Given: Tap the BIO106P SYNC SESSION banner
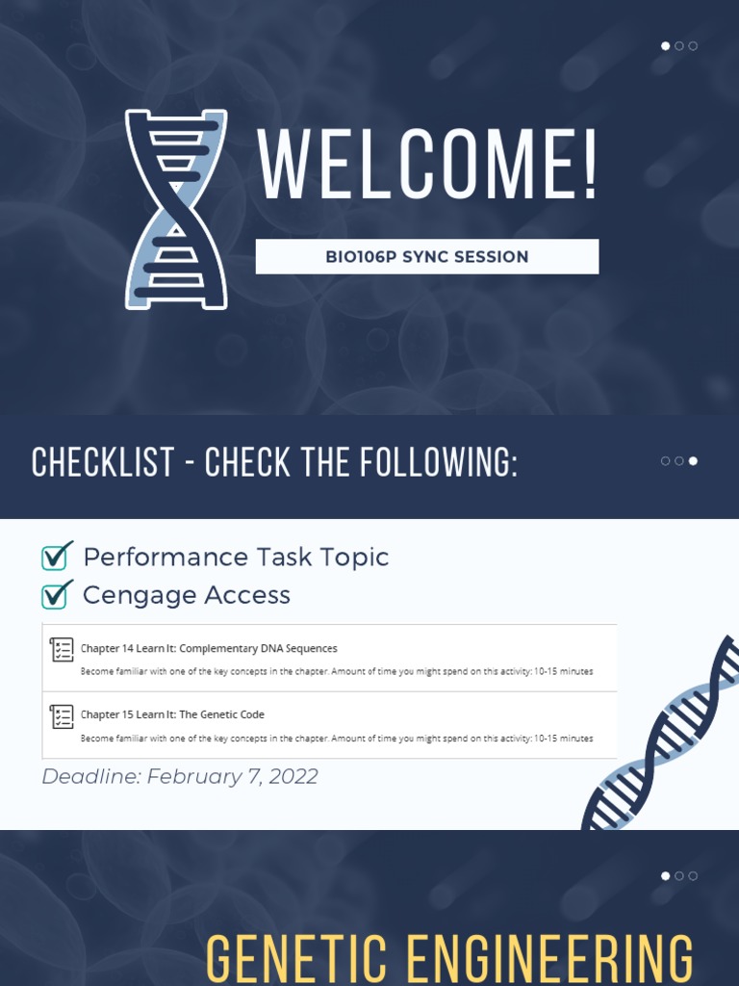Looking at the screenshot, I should pos(426,257).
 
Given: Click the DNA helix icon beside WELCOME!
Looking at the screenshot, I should pos(176,209).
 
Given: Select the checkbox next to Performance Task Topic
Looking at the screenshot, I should pos(56,557).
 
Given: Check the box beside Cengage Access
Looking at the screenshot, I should pos(56,594).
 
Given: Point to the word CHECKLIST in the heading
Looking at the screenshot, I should pos(100,463).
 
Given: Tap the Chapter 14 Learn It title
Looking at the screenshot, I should pos(209,648).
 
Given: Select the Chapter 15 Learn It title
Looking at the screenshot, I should pos(172,714).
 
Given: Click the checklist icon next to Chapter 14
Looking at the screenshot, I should pos(62,650).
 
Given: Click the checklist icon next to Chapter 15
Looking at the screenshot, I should pos(62,716).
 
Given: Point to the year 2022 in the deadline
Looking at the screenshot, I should pos(293,777).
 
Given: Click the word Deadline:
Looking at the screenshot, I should pos(90,777).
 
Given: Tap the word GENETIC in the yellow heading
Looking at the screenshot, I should pos(295,957).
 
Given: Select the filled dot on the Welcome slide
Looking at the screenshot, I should pos(666,46).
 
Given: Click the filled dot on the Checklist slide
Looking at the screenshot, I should pos(693,461).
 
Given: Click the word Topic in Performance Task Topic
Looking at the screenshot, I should pos(357,558).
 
